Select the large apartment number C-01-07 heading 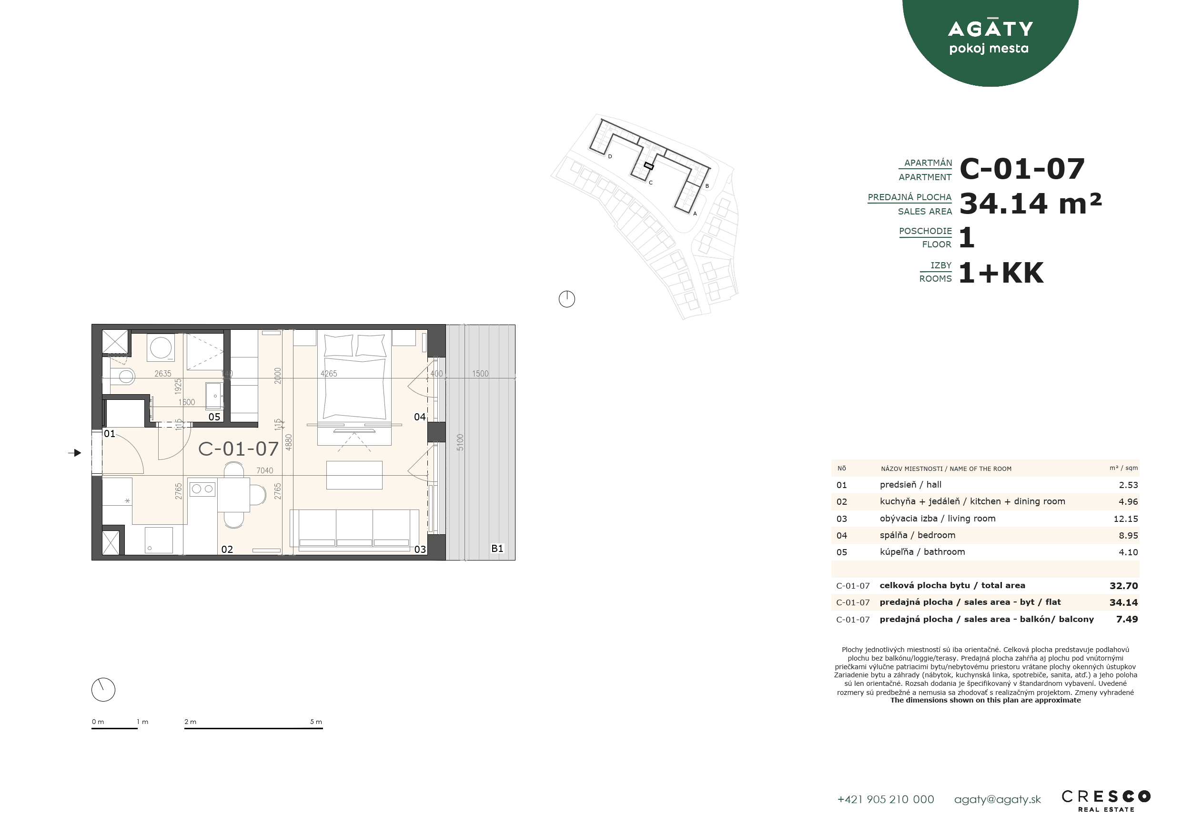tap(1022, 168)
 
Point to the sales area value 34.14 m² tap(1030, 203)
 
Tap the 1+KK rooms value tap(1001, 273)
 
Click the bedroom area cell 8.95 tap(1128, 535)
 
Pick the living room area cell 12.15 tap(1125, 519)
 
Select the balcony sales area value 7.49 tap(1127, 619)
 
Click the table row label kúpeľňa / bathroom tap(922, 551)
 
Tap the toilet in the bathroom tap(122, 376)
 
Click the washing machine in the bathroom tap(161, 347)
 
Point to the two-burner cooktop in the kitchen tap(202, 489)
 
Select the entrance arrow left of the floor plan tap(75, 453)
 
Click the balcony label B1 tap(497, 549)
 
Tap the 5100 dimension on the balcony tap(460, 442)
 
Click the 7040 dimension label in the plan tap(264, 470)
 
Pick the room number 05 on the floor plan tap(214, 417)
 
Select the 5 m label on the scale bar tap(315, 722)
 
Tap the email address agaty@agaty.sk tap(997, 799)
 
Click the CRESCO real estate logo tap(1106, 801)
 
